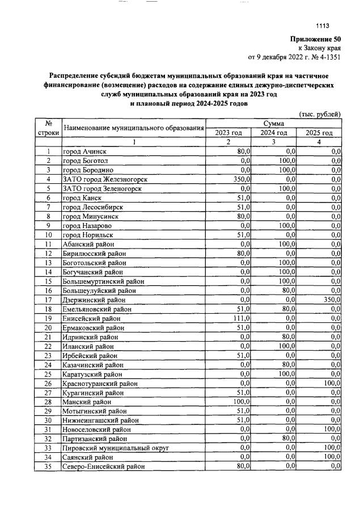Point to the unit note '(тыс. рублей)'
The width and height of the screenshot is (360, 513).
[320, 114]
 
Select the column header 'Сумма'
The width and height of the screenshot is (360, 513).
[274, 123]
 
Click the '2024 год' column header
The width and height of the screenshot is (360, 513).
[274, 133]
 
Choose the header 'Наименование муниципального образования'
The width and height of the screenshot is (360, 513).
[133, 128]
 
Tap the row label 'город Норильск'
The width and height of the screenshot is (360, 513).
[88, 234]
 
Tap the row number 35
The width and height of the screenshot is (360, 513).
[48, 466]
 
